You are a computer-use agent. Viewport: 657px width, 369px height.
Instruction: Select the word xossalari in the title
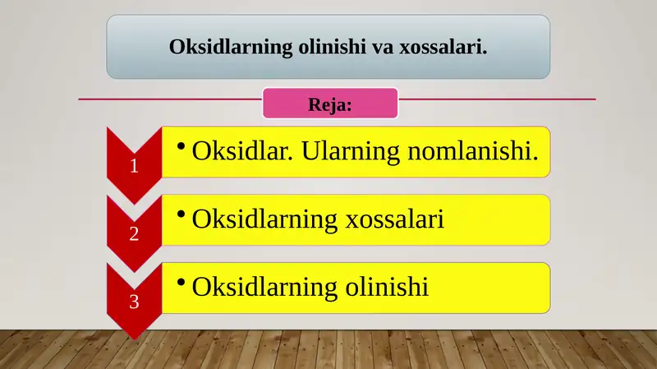point(443,46)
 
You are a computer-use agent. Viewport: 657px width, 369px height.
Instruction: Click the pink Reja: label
point(330,104)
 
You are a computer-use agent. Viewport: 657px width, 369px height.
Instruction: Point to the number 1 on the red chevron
point(134,166)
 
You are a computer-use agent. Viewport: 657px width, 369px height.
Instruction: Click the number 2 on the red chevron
point(134,234)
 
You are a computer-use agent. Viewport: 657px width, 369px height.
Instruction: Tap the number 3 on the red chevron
point(134,302)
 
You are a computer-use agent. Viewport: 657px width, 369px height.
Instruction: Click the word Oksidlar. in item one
point(237,151)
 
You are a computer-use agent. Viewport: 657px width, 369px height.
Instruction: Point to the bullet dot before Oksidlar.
point(181,145)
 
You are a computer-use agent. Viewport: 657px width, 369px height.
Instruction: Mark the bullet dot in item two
point(181,213)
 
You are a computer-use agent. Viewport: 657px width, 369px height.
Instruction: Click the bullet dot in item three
point(181,281)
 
